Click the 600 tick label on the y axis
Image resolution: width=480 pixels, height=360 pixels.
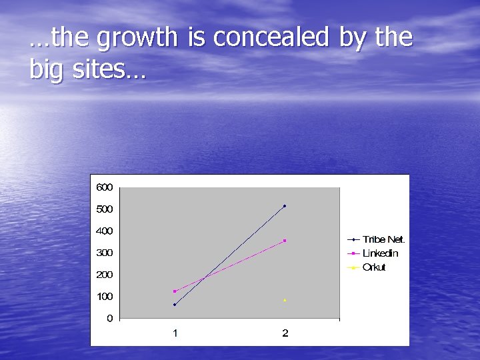pos(104,187)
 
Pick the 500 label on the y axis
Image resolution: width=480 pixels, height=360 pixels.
pos(104,209)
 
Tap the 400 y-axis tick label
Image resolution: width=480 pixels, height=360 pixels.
pos(104,231)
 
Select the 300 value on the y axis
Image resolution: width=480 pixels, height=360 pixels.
pos(104,253)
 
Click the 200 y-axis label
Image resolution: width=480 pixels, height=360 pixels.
pos(104,275)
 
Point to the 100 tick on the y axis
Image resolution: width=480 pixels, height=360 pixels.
pos(104,297)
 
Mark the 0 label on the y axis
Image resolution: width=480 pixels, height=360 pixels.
pos(109,319)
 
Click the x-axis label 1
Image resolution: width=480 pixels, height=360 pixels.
pos(175,333)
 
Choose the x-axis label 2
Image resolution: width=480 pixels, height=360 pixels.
pos(285,333)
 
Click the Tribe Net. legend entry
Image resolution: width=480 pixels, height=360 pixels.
pos(383,239)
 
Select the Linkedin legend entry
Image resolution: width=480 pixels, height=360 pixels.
pos(380,253)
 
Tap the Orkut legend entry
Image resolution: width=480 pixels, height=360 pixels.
pos(374,267)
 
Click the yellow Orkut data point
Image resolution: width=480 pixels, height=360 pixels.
pos(285,300)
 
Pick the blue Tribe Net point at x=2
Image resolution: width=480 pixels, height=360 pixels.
pos(285,206)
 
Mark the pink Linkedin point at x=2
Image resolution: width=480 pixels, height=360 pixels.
pos(285,241)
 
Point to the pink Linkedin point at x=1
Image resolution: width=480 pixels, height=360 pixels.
pos(175,291)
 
